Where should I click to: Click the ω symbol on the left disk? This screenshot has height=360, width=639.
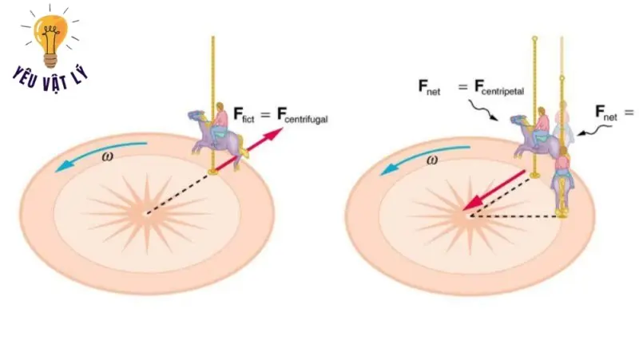pos(108,159)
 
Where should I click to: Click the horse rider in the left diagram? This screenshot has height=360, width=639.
pos(216,132)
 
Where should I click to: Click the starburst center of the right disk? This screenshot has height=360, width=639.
pos(468,214)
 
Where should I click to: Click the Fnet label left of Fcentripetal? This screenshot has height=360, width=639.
pos(432,85)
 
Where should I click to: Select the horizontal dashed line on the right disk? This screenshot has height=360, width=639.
pos(515,216)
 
